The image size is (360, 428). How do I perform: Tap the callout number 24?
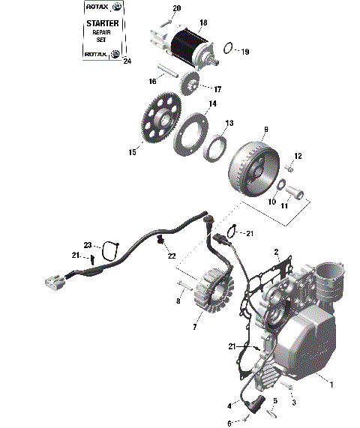[126, 61]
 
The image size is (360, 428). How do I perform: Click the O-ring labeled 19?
[230, 50]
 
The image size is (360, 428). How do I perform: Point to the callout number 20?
[176, 8]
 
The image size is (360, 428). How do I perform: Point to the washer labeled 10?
[279, 185]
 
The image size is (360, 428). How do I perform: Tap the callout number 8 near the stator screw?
[178, 301]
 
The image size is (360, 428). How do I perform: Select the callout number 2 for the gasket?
[276, 252]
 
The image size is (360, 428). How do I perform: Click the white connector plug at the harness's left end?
[52, 283]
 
